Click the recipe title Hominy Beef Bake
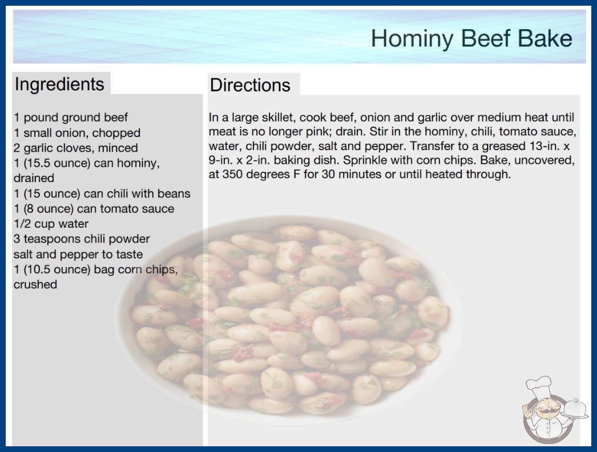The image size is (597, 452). click(471, 38)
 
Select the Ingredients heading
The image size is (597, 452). click(59, 84)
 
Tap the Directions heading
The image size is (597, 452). click(250, 85)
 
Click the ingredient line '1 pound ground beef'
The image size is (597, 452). click(71, 118)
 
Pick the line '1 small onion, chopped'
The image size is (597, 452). click(77, 132)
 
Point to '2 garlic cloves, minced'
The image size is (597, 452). click(76, 148)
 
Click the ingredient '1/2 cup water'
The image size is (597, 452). click(51, 224)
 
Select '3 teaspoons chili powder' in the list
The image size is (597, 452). click(82, 239)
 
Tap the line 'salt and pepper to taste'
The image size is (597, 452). click(78, 254)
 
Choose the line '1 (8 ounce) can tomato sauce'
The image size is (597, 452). click(94, 209)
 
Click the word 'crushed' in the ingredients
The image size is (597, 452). click(35, 284)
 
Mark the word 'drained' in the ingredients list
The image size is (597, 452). click(34, 178)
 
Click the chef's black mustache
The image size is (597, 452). click(547, 411)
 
